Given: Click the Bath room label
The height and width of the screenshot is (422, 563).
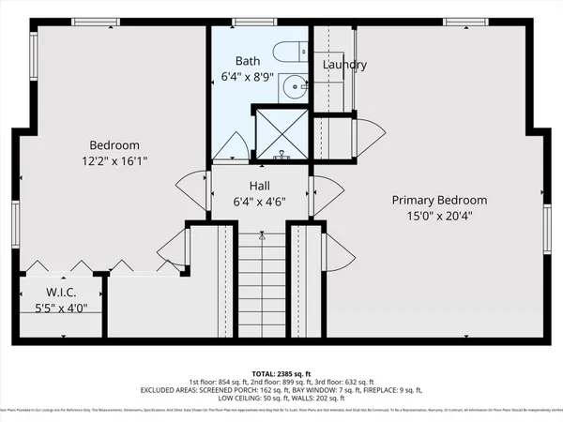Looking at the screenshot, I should tap(248, 61).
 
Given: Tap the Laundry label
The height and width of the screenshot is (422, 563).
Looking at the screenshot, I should tap(344, 65).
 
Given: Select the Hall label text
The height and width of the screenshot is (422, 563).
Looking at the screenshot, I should tap(260, 185).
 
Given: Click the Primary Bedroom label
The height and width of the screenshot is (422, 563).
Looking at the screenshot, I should tap(439, 200).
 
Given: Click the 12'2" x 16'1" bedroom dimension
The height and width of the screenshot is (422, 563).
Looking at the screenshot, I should tap(114, 160).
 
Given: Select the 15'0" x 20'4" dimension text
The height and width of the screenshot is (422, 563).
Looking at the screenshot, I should tap(439, 215).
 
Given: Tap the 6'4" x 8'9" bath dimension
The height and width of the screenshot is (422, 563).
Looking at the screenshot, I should tap(247, 76).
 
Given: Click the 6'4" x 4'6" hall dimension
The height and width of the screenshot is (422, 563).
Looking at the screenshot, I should tap(260, 200).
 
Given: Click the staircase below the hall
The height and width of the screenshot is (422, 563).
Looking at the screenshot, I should tap(260, 281).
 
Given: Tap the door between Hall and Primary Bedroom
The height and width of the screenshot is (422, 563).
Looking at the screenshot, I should tap(324, 194).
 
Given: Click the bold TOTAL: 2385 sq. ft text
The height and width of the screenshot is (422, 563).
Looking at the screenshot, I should tap(281, 372).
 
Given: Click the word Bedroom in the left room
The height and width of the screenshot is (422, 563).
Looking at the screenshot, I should tap(114, 145).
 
